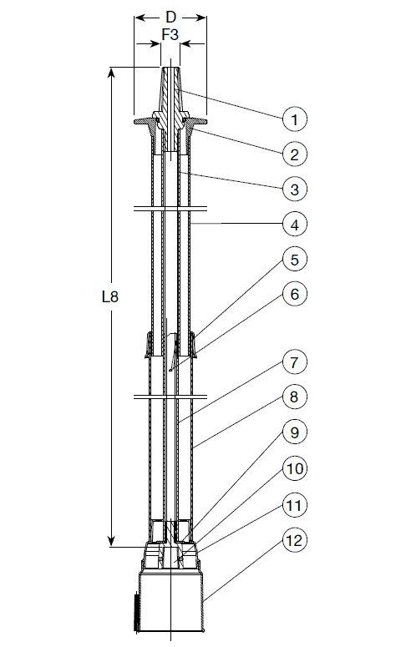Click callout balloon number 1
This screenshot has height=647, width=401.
click(294, 119)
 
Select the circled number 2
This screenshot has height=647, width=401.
click(294, 154)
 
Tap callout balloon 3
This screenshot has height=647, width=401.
click(294, 190)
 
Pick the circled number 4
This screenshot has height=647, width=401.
click(294, 225)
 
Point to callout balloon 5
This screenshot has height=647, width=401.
click(294, 260)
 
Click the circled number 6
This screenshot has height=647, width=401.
click(294, 294)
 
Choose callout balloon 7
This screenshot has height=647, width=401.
click(294, 362)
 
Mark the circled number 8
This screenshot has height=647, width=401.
click(294, 397)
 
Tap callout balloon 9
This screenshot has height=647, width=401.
click(294, 432)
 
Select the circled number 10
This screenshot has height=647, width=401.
click(294, 468)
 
